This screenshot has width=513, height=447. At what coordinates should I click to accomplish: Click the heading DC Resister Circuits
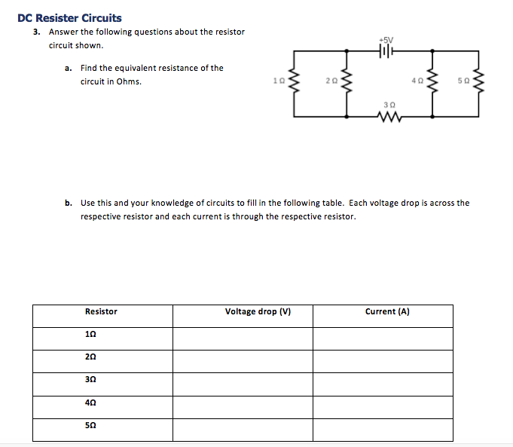tap(69, 18)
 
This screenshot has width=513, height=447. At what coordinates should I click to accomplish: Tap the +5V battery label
tap(386, 39)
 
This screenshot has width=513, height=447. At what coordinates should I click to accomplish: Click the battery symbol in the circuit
tap(387, 51)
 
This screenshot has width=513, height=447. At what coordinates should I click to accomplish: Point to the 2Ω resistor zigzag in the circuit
tap(346, 80)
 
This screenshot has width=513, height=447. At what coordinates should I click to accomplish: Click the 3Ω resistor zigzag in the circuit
tap(389, 117)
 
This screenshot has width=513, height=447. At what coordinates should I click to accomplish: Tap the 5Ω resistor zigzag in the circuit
tap(476, 80)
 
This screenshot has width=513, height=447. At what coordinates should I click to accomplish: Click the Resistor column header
tap(102, 311)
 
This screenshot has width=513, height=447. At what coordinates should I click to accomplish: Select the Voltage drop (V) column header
tap(258, 311)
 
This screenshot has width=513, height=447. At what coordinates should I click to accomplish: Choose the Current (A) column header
tap(387, 311)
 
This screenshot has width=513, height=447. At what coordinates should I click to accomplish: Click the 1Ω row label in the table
tap(91, 335)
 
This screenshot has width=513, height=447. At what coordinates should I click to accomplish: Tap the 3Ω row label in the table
tap(91, 381)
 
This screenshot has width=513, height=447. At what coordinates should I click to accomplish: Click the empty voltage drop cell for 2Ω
tap(243, 359)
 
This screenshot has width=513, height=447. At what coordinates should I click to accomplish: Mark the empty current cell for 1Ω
tap(383, 336)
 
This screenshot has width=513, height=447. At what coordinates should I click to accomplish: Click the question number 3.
tap(35, 32)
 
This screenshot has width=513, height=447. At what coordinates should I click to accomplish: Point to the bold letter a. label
tap(69, 68)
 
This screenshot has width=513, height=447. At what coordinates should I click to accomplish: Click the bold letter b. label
tap(69, 203)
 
